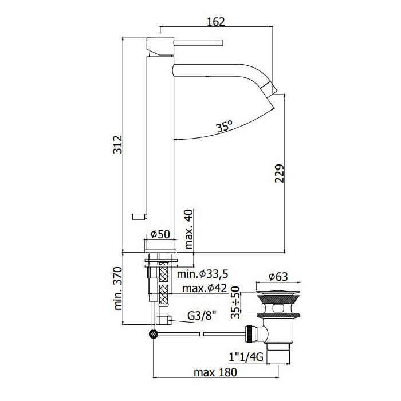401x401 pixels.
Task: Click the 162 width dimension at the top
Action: (x=215, y=22)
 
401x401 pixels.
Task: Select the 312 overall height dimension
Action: (x=118, y=144)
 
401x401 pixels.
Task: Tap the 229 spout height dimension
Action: (x=280, y=174)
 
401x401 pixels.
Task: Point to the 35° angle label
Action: (x=224, y=127)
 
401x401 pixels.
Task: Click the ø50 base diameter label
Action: (x=160, y=234)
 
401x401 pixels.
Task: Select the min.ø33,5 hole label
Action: (x=203, y=274)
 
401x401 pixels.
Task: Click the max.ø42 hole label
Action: (x=205, y=289)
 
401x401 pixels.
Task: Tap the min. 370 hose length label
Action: (x=118, y=289)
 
